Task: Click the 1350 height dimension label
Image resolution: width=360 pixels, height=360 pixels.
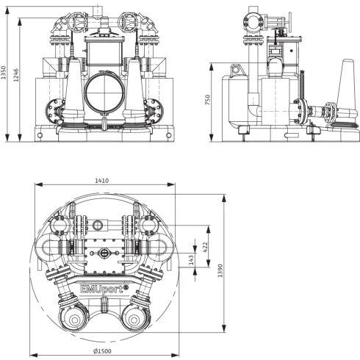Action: click(x=3, y=72)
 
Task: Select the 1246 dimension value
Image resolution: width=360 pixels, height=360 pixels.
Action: click(x=16, y=75)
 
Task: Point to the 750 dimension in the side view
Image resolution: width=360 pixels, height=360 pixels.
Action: click(x=207, y=100)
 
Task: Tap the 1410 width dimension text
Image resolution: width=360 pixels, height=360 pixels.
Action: click(x=102, y=181)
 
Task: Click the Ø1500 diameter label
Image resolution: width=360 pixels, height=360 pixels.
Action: click(x=102, y=351)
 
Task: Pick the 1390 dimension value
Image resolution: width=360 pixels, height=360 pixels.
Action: click(x=220, y=270)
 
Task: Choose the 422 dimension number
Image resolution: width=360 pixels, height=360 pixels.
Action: click(x=205, y=247)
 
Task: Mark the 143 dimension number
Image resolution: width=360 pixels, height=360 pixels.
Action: click(x=191, y=260)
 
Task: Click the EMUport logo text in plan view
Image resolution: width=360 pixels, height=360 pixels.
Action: click(x=104, y=289)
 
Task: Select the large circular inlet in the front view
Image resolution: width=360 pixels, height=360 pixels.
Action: click(x=104, y=92)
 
